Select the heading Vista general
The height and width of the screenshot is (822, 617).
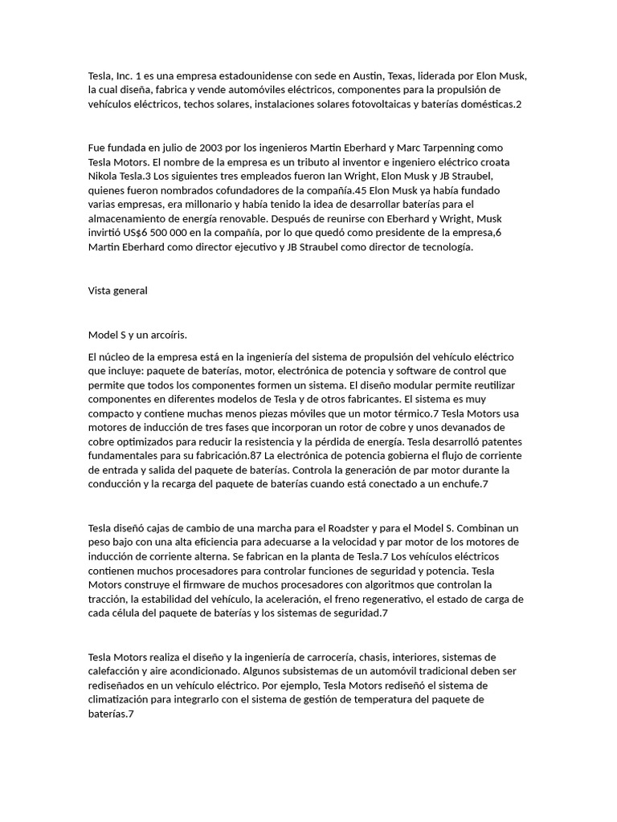click(x=117, y=291)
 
